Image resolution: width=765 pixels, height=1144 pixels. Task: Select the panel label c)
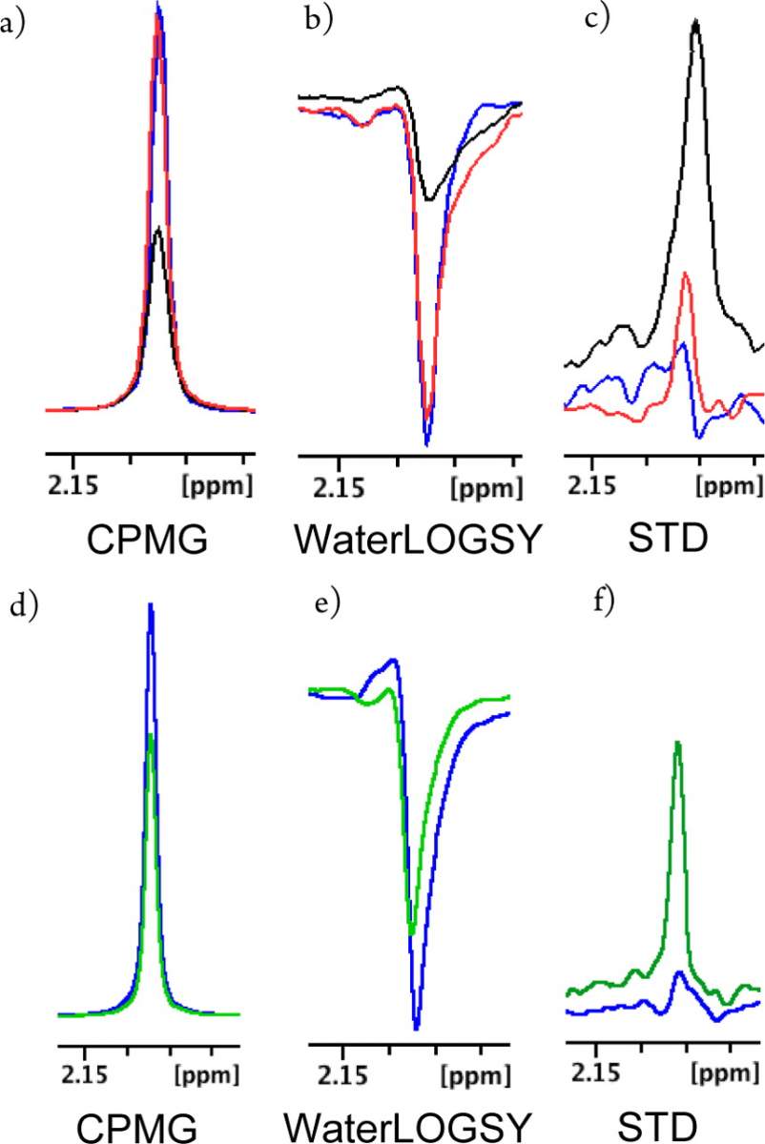tap(597, 19)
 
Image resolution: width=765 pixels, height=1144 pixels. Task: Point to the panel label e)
tap(327, 605)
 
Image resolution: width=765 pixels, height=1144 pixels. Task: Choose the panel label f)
tap(603, 603)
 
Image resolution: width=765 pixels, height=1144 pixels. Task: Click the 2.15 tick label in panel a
tap(73, 484)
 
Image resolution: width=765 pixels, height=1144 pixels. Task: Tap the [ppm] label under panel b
tap(486, 489)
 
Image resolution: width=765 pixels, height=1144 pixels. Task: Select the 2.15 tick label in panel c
tap(591, 483)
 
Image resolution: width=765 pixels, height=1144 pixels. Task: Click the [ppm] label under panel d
tap(206, 1075)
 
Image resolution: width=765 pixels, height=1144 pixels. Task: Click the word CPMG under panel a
tap(147, 540)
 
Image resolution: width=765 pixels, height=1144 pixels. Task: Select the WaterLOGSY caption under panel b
tap(417, 541)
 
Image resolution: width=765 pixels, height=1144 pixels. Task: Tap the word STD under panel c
tap(668, 539)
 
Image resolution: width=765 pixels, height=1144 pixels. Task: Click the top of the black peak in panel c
tap(695, 20)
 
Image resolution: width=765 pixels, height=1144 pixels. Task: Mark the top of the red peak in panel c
tap(685, 274)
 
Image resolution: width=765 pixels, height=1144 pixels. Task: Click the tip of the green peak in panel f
tap(678, 742)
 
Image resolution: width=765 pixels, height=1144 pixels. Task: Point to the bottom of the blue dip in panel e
tap(417, 1029)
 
